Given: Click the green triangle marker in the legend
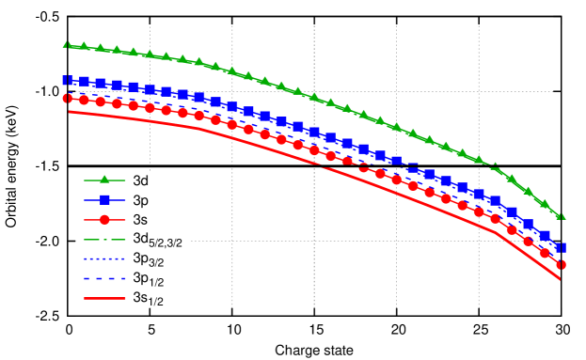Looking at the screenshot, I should [x=104, y=180].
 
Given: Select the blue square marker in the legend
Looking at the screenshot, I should [x=104, y=199].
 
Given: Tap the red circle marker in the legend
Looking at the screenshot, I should [x=104, y=220].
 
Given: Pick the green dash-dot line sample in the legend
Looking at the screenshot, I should [x=104, y=240].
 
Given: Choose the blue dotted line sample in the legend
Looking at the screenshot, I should [x=104, y=258].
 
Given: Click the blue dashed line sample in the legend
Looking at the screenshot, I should [x=104, y=278].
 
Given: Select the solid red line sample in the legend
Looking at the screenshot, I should [x=104, y=298].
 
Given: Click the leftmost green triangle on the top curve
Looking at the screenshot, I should [x=67, y=44].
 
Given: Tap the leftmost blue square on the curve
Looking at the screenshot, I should [x=67, y=81].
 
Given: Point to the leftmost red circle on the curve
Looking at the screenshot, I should [x=67, y=98].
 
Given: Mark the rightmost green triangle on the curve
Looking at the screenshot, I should [x=561, y=215].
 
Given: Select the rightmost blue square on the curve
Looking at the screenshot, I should [x=561, y=248].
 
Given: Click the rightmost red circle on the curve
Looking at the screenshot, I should [x=561, y=265].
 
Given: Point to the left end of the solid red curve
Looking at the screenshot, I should [x=70, y=112].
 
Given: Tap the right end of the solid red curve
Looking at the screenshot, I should [x=561, y=279].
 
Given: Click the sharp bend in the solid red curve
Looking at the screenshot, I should [x=498, y=233].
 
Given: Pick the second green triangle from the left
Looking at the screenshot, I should [x=84, y=46].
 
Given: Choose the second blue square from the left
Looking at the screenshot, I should [x=84, y=82].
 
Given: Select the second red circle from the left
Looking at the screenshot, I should [x=84, y=100].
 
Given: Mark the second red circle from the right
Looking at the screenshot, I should [x=545, y=253].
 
